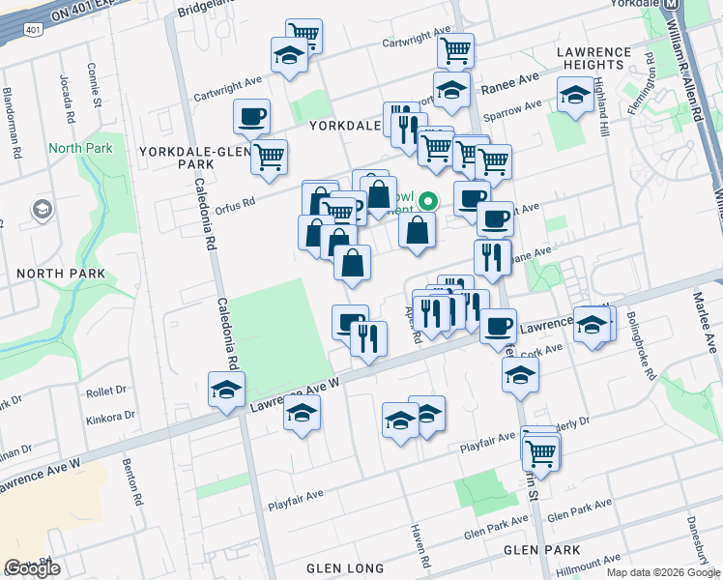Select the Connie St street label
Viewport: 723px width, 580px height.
pos(94,85)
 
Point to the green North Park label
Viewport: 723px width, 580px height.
pos(80,148)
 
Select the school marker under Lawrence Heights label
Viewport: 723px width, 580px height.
pos(575,95)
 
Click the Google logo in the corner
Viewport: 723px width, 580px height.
pos(32,568)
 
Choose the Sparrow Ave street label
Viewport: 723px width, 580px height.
pos(519,107)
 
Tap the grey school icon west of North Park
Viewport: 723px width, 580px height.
pos(43,209)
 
